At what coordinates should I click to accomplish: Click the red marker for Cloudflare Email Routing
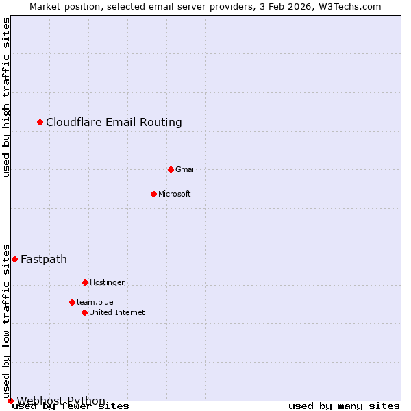[x=40, y=122]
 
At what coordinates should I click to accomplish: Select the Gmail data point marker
[x=171, y=169]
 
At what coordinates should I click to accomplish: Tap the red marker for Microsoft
[x=153, y=194]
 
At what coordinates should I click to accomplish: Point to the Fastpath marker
[x=14, y=259]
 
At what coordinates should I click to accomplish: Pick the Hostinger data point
[x=85, y=282]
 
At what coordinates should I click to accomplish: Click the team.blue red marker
[x=72, y=302]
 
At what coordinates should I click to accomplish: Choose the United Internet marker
[x=84, y=312]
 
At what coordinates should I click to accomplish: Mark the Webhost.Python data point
[x=10, y=401]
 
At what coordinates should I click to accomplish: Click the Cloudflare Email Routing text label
[x=114, y=123]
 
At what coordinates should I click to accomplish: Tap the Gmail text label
[x=186, y=170]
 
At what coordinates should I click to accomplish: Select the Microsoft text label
[x=175, y=195]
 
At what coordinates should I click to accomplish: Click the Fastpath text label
[x=44, y=260]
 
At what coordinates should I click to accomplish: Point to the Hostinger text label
[x=107, y=283]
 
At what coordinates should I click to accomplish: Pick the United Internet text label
[x=117, y=313]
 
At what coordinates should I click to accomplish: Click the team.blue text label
[x=95, y=303]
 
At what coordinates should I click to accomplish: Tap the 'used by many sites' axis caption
[x=344, y=406]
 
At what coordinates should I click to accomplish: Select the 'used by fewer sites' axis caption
[x=71, y=406]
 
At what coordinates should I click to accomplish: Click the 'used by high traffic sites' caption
[x=7, y=98]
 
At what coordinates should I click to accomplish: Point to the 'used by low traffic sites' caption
[x=7, y=321]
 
